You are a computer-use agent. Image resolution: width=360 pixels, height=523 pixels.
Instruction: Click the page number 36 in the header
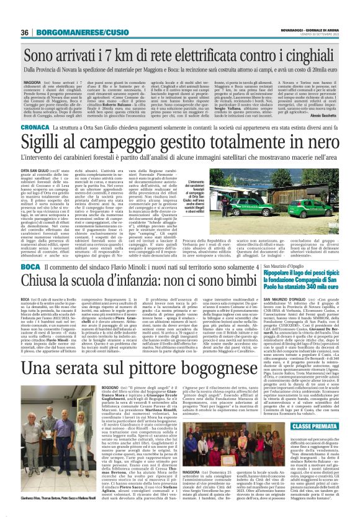click(25, 32)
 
